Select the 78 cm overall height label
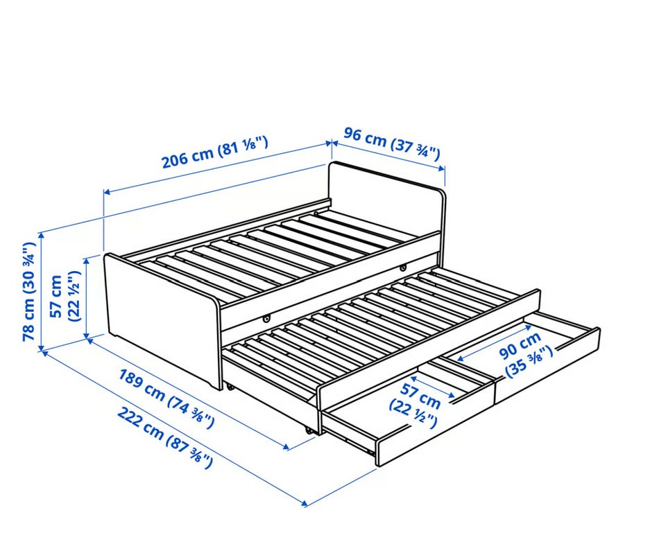(29, 292)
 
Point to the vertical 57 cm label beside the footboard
(65, 296)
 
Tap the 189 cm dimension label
(166, 398)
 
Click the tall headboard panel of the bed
(386, 200)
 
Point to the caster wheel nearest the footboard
(230, 387)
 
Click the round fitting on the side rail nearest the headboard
(402, 268)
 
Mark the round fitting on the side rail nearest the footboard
(266, 317)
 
